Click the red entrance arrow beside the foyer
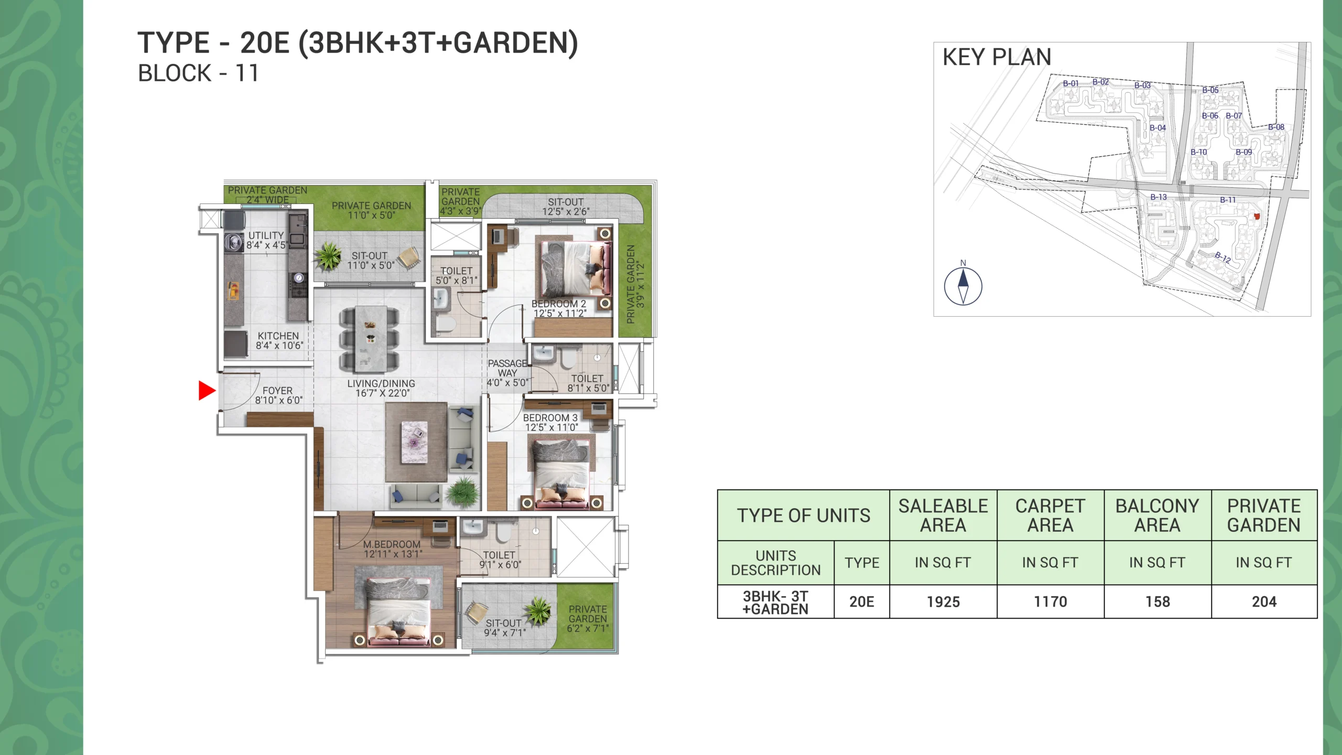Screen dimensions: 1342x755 (207, 391)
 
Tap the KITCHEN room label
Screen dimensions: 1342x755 (278, 336)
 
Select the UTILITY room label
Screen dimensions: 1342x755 (266, 235)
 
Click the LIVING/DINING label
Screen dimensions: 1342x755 (381, 384)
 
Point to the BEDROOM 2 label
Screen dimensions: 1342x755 (559, 304)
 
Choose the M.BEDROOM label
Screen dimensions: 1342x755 (392, 544)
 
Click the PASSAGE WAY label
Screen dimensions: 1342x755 (507, 368)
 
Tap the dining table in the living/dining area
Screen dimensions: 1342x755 (370, 339)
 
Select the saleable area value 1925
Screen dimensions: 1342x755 (943, 602)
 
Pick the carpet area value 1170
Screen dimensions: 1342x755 (1050, 602)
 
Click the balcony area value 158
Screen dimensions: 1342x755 (1157, 602)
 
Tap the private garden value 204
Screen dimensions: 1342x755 (1264, 602)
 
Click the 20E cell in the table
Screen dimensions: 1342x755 (862, 602)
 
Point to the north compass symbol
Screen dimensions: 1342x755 (963, 286)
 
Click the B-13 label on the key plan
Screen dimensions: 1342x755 (1159, 197)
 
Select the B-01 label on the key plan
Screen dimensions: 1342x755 (1071, 83)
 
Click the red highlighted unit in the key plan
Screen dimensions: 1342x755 (1256, 216)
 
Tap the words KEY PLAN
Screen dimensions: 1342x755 (997, 57)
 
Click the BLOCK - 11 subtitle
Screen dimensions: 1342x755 (198, 73)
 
